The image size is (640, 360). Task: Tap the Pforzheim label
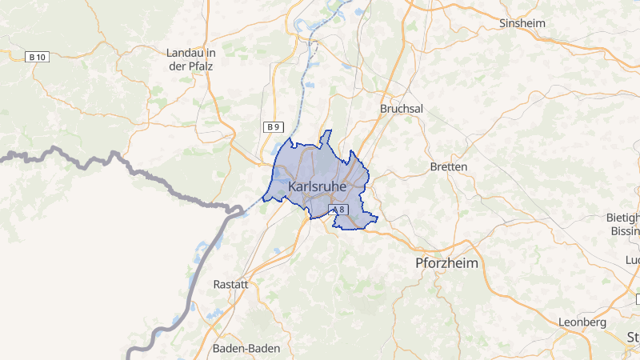pyautogui.click(x=446, y=262)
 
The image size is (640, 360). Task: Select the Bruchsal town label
pyautogui.click(x=401, y=108)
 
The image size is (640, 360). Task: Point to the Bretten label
pyautogui.click(x=448, y=166)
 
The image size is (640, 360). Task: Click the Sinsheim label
pyautogui.click(x=522, y=23)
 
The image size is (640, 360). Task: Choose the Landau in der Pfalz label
pyautogui.click(x=190, y=59)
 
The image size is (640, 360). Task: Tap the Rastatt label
pyautogui.click(x=232, y=284)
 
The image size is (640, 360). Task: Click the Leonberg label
pyautogui.click(x=582, y=322)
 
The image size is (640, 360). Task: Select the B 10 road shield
pyautogui.click(x=37, y=57)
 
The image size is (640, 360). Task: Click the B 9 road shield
pyautogui.click(x=274, y=126)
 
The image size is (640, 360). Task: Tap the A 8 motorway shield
pyautogui.click(x=339, y=210)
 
